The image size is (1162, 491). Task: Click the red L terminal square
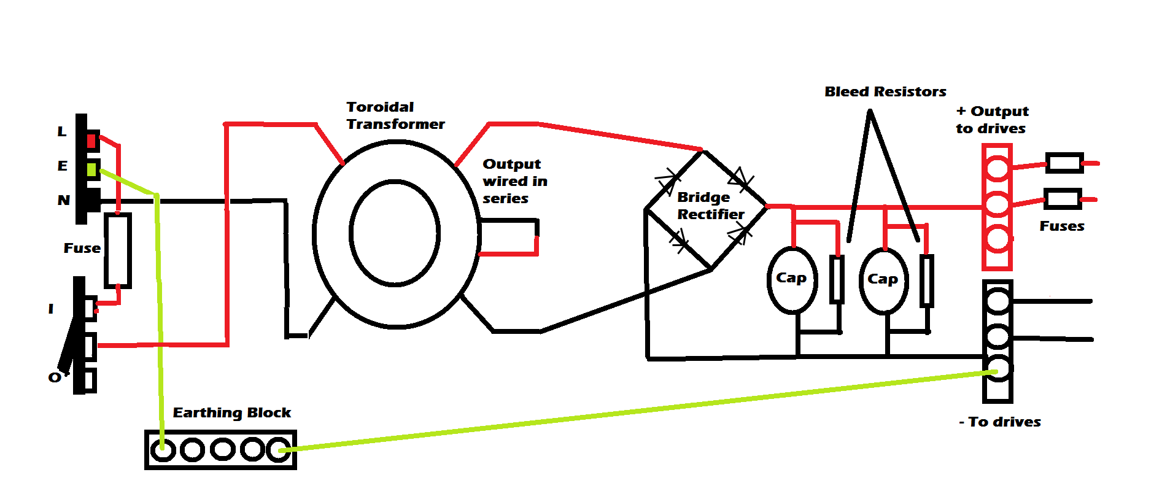pos(91,141)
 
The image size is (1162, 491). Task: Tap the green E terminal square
pos(91,169)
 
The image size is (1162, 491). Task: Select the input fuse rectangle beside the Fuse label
pos(117,250)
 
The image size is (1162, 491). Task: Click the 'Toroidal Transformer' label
pos(395,115)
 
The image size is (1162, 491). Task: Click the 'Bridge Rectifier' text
pos(710,206)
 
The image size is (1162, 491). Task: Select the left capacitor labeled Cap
pos(792,280)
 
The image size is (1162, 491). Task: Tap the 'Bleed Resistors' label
pos(885,92)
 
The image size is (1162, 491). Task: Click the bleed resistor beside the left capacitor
pos(836,280)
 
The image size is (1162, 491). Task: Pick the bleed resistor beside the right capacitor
pos(927,281)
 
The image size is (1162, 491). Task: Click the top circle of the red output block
pos(997,168)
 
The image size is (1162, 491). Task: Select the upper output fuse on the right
pos(1064,163)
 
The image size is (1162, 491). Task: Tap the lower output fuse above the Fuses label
pos(1063,199)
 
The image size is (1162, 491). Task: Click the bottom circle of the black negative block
pos(997,369)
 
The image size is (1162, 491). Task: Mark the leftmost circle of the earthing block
pos(163,450)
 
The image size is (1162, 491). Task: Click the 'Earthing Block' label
pos(231,412)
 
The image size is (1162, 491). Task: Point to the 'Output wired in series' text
pos(514,181)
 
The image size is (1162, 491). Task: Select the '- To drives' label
pos(999,422)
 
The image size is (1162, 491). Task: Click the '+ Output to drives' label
pos(992,120)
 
